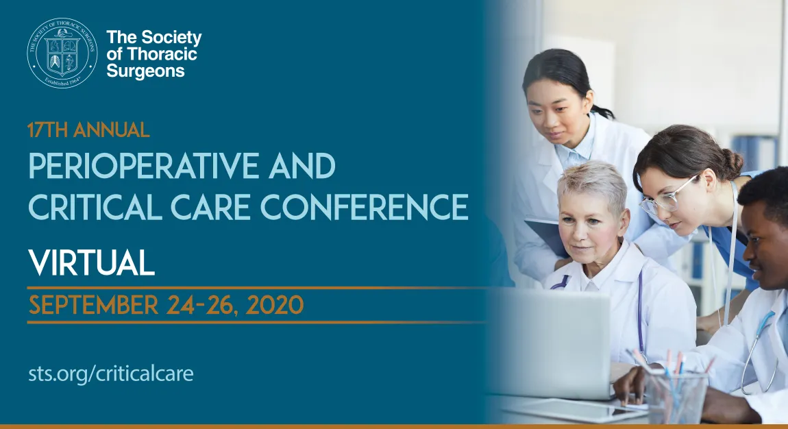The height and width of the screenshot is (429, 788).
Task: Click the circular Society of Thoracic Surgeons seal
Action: pyautogui.click(x=62, y=53)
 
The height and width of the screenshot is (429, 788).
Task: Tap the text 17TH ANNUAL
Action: pyautogui.click(x=88, y=130)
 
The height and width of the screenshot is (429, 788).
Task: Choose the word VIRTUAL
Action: pyautogui.click(x=91, y=262)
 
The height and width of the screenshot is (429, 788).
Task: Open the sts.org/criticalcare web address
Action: pyautogui.click(x=111, y=373)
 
